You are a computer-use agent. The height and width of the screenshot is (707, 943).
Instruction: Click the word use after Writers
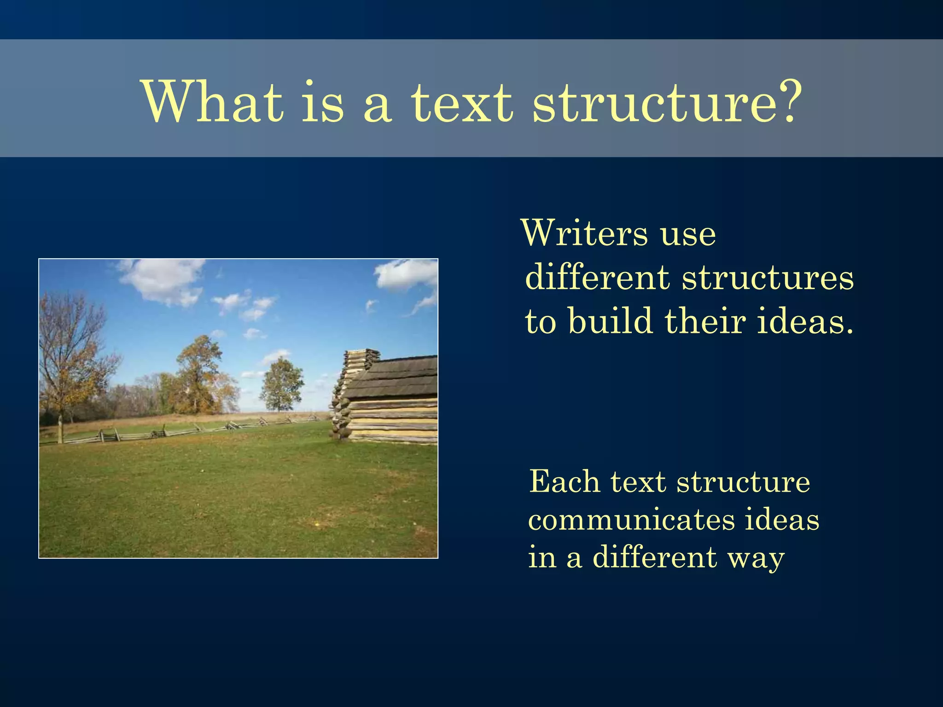click(x=688, y=235)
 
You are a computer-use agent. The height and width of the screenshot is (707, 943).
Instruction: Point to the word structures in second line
click(x=768, y=278)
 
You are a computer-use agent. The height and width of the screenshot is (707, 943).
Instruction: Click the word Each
click(x=565, y=481)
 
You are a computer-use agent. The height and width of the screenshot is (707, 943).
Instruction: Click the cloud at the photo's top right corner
click(x=407, y=274)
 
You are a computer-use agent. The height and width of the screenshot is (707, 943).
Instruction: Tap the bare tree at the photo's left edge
click(x=69, y=354)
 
